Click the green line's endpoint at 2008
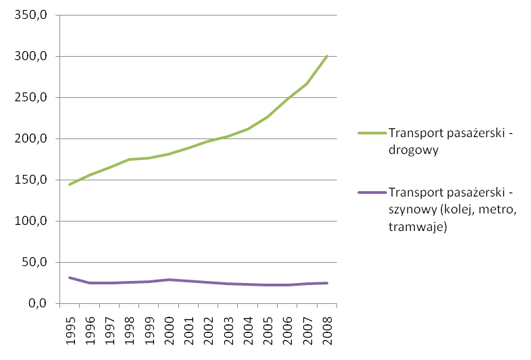[327, 56]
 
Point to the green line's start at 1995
[70, 184]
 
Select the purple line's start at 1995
[70, 278]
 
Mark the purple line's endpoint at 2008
[327, 283]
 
